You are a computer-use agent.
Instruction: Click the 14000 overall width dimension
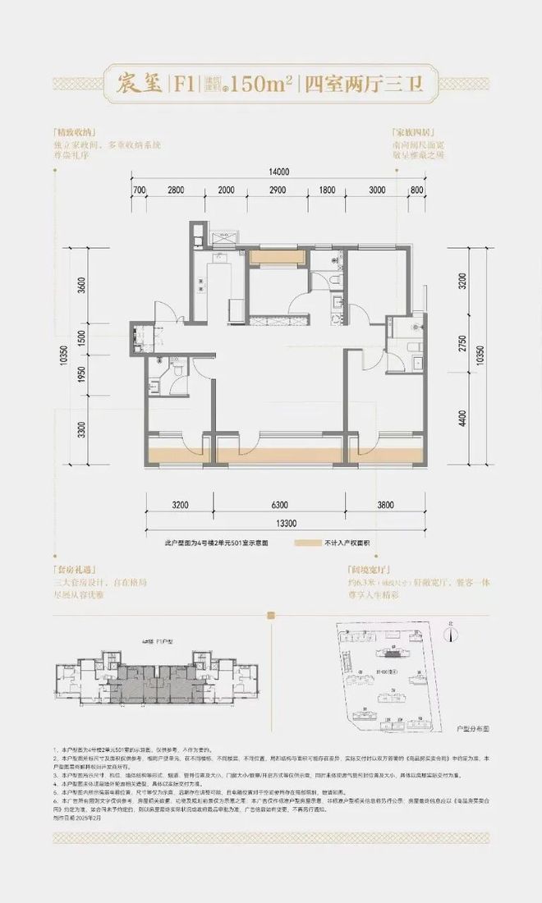click(278, 172)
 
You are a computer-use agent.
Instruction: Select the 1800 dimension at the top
click(327, 190)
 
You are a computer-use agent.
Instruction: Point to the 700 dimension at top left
click(138, 190)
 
